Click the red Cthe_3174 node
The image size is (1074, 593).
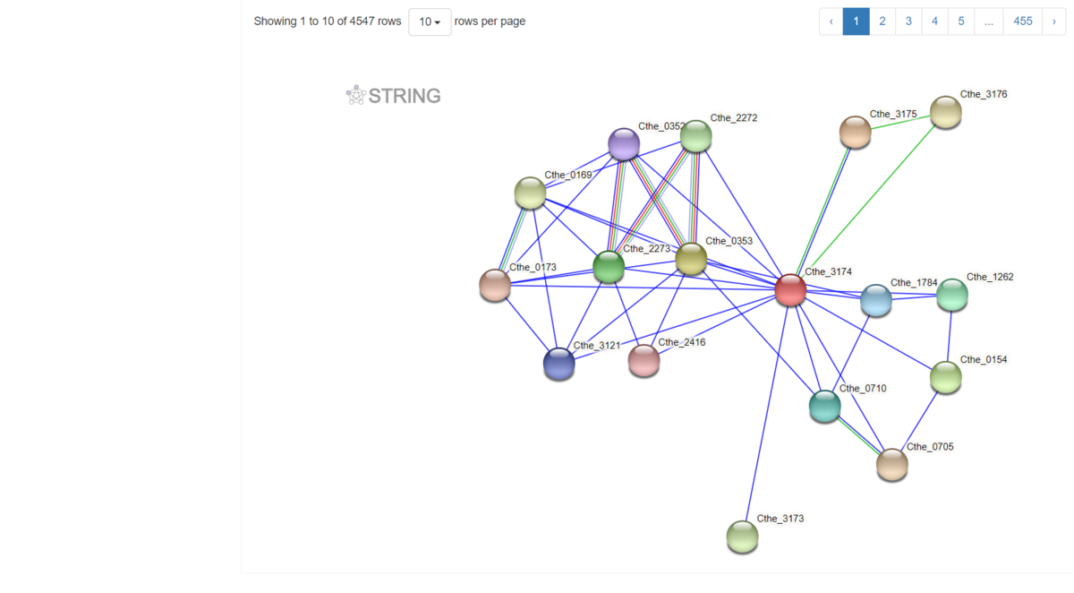(790, 290)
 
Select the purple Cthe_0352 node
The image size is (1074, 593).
(624, 144)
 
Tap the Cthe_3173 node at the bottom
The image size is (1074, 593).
(742, 537)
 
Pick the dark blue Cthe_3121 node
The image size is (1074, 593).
(559, 364)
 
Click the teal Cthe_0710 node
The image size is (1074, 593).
(825, 406)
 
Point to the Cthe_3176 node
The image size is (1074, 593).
(945, 113)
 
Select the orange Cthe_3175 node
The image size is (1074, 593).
(856, 133)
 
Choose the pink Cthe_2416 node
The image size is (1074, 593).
(644, 360)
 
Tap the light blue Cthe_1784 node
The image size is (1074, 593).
(876, 301)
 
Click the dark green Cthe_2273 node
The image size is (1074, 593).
(609, 266)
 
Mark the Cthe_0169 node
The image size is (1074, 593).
(531, 193)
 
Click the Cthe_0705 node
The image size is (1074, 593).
(891, 465)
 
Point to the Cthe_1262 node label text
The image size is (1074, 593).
(990, 277)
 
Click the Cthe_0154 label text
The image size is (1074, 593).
(984, 359)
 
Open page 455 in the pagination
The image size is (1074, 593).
(1023, 21)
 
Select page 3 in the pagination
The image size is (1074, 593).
(908, 21)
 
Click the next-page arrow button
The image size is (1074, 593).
(1054, 21)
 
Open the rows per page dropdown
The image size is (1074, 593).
(430, 21)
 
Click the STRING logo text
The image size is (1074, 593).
(404, 96)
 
